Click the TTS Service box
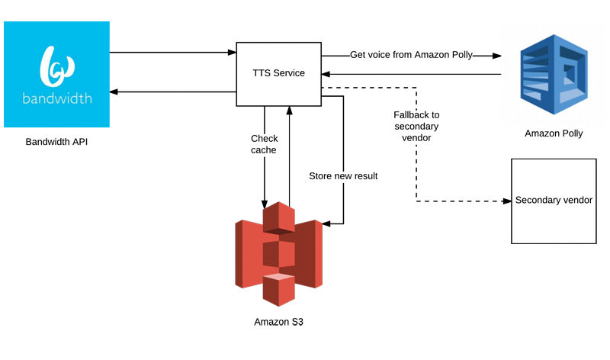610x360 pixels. point(278,74)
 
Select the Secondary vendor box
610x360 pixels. point(552,201)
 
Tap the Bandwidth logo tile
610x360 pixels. point(56,74)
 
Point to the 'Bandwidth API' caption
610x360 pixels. point(56,142)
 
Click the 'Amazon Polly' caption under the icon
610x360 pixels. point(554,134)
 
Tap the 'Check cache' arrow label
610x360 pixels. point(265,145)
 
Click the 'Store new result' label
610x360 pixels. point(344,176)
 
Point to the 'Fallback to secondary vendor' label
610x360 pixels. point(416,126)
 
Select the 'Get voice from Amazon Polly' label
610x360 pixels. point(411,55)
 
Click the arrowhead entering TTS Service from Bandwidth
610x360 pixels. point(231,53)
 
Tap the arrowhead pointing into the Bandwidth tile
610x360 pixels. point(115,92)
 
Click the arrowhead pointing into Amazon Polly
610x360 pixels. point(496,56)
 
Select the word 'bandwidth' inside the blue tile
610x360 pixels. point(56,98)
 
